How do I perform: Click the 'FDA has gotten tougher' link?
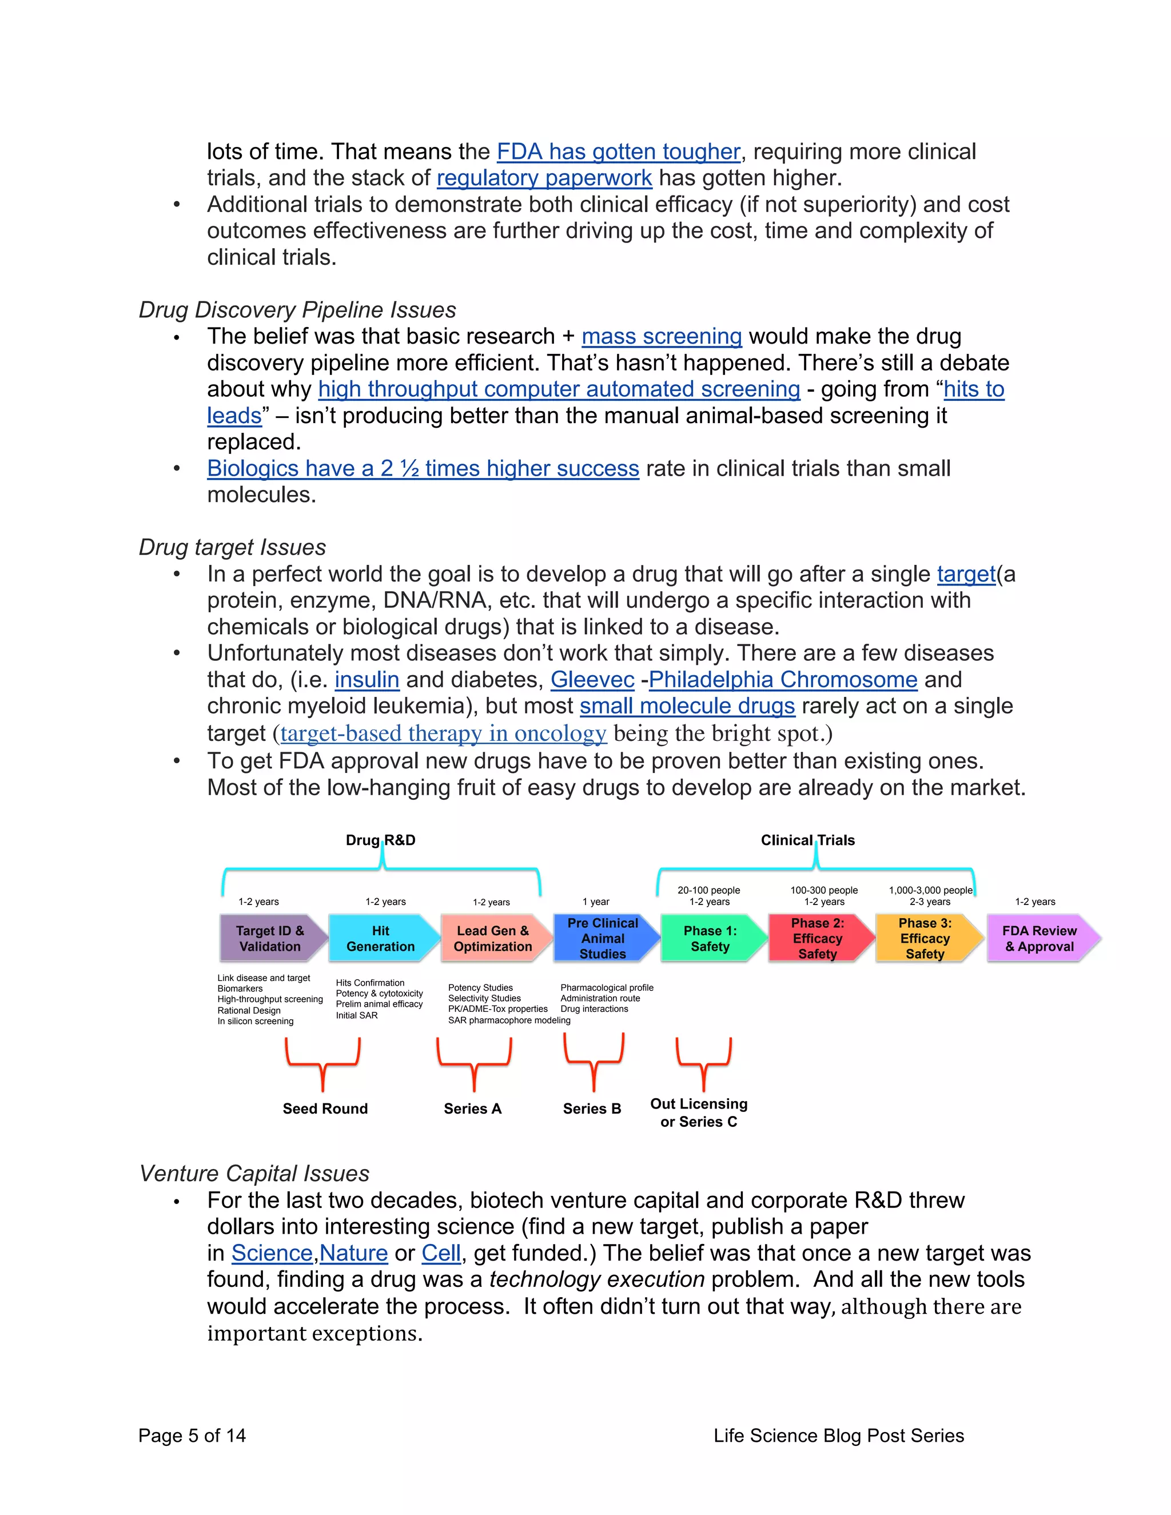point(618,152)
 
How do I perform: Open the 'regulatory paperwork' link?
point(544,178)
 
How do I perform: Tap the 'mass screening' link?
point(661,336)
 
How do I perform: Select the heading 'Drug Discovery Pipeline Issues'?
point(297,310)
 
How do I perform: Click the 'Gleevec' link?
point(592,680)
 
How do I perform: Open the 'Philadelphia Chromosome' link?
point(783,680)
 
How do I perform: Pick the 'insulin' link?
point(367,680)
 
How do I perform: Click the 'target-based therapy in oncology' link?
point(443,734)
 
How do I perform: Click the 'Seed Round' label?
point(325,1109)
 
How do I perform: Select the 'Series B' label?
point(592,1109)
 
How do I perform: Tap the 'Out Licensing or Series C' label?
point(699,1113)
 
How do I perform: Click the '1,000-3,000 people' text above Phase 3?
point(930,890)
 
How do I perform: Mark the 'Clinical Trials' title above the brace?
point(807,840)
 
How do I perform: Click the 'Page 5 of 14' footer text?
point(192,1435)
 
